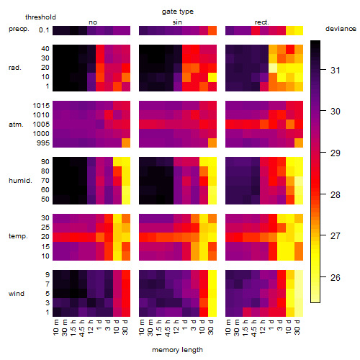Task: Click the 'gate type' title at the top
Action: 178,12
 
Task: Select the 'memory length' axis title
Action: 177,350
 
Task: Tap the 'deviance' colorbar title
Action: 341,29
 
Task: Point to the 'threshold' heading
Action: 40,17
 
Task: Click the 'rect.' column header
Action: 261,22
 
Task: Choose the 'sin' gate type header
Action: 177,22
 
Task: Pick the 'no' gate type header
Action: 93,22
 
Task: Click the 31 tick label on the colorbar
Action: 336,70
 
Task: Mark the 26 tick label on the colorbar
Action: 336,277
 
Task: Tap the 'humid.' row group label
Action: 20,181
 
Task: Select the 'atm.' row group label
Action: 16,125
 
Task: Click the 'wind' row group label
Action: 17,294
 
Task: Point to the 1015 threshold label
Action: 41,106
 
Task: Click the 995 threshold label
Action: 43,143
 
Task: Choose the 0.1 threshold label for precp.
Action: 44,30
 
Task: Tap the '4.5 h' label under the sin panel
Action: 168,328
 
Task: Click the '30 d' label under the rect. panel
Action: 297,327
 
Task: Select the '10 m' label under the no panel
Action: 55,328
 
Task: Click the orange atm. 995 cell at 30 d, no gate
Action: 126,143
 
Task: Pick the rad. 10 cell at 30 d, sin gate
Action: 212,77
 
